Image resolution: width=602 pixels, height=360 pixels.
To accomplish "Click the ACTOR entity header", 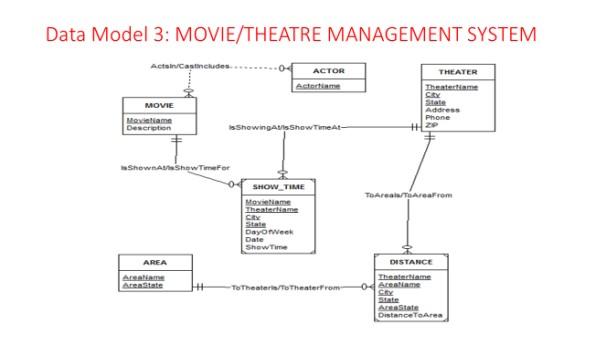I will pyautogui.click(x=328, y=71).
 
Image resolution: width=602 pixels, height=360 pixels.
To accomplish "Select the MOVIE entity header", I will pyautogui.click(x=152, y=105).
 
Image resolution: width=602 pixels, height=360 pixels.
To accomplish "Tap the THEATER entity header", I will pyautogui.click(x=458, y=72).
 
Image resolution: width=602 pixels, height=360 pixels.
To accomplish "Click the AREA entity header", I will pyautogui.click(x=155, y=262).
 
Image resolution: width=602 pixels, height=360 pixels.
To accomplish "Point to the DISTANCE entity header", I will pyautogui.click(x=410, y=261).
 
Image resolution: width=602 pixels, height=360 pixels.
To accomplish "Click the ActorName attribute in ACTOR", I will pyautogui.click(x=317, y=86).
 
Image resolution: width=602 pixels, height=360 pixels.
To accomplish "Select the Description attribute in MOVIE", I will pyautogui.click(x=148, y=127).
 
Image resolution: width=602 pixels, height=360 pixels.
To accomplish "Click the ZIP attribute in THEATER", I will pyautogui.click(x=431, y=124).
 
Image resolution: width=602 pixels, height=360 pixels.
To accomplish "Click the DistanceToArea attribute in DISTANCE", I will pyautogui.click(x=410, y=315).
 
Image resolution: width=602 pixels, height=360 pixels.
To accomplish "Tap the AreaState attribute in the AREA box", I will pyautogui.click(x=142, y=285).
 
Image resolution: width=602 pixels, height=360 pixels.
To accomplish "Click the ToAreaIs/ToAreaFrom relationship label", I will pyautogui.click(x=409, y=194).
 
